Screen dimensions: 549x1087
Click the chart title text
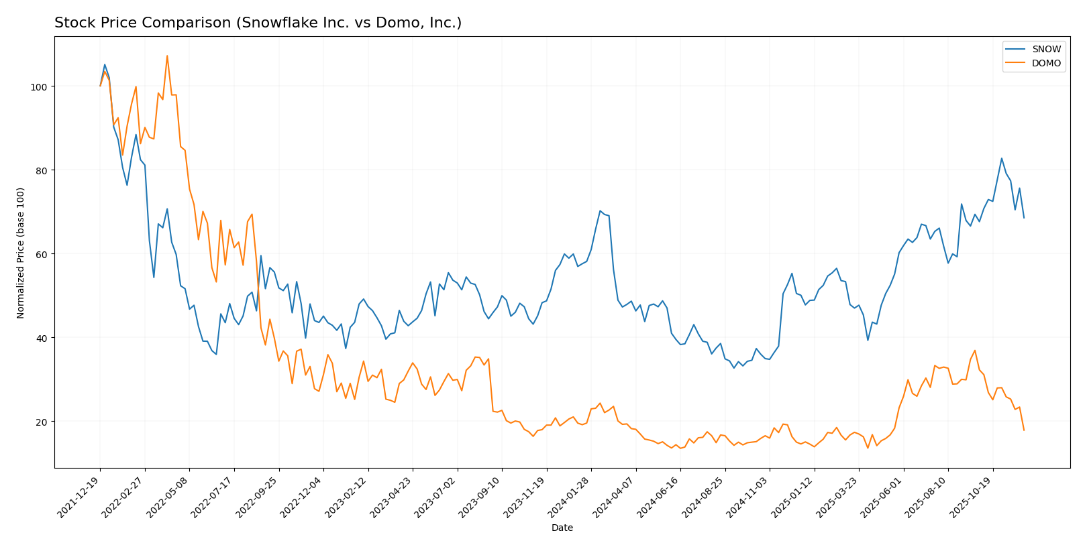click(x=258, y=23)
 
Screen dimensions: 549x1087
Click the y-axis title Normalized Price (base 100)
click(x=21, y=253)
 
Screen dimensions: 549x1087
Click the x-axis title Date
click(x=562, y=528)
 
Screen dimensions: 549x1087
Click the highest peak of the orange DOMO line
click(x=167, y=56)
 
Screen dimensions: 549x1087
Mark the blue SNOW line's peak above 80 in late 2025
click(x=1002, y=158)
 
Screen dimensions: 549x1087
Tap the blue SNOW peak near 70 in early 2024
click(x=600, y=210)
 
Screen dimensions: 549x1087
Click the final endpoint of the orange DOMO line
click(x=1024, y=430)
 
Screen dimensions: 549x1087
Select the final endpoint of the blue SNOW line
click(x=1024, y=218)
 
